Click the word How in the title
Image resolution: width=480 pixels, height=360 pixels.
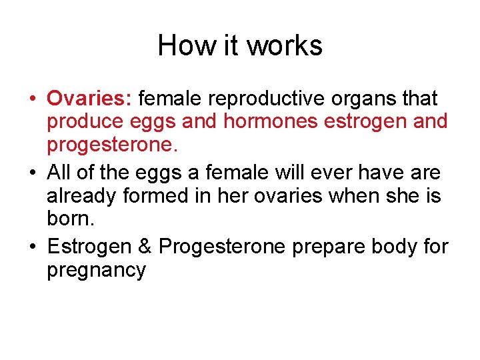click(177, 46)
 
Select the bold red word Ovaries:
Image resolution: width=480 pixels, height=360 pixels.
click(90, 99)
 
